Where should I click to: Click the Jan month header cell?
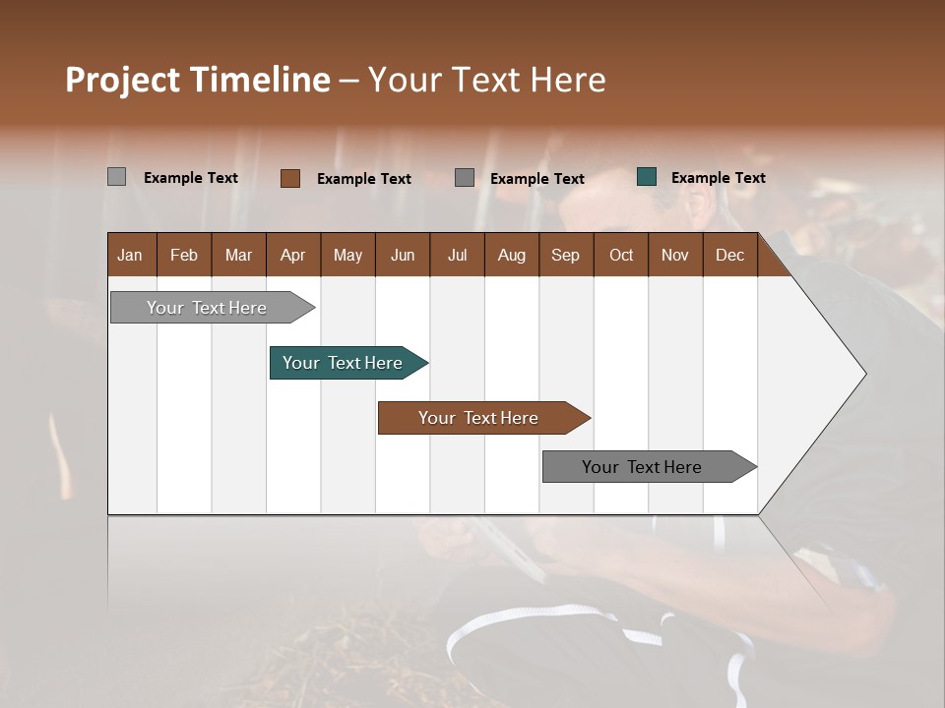pos(131,255)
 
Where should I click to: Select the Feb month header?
pos(184,255)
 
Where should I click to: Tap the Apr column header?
pos(293,255)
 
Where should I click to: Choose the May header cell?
pos(347,255)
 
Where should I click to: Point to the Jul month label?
pos(457,255)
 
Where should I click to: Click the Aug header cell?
pos(512,255)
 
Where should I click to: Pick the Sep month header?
pos(566,255)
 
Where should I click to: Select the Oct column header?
pos(621,255)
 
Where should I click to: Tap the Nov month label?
pos(675,255)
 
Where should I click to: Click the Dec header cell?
pos(730,255)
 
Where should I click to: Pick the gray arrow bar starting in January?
pos(210,308)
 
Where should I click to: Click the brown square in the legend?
pos(289,178)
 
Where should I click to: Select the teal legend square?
pos(647,177)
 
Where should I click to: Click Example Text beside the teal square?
pos(718,178)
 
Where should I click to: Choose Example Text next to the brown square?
pos(363,179)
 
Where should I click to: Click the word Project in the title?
pos(123,80)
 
